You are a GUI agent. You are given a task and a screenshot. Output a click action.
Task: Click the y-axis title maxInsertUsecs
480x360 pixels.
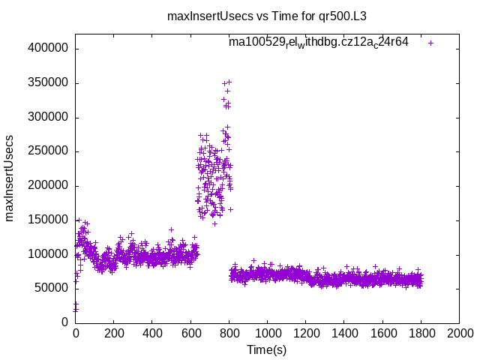pyautogui.click(x=10, y=178)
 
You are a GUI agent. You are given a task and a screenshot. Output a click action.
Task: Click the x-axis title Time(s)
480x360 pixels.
pyautogui.click(x=266, y=349)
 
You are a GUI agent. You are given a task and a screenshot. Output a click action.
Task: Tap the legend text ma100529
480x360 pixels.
pyautogui.click(x=318, y=42)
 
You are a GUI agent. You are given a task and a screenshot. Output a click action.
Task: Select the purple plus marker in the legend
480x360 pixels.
pyautogui.click(x=430, y=43)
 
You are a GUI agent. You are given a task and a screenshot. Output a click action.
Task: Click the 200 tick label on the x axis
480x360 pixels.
pyautogui.click(x=113, y=334)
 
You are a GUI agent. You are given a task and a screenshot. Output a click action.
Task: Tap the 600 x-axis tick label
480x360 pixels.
pyautogui.click(x=190, y=334)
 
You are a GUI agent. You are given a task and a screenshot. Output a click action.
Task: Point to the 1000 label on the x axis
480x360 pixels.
pyautogui.click(x=267, y=334)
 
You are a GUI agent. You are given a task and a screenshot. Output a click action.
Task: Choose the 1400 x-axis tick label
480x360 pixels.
pyautogui.click(x=344, y=334)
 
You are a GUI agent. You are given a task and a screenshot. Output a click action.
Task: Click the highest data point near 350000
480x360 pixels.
pyautogui.click(x=229, y=82)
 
